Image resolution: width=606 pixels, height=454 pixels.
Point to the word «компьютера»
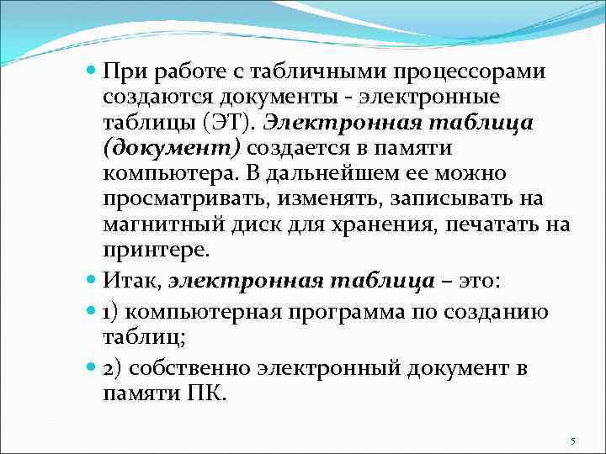167,175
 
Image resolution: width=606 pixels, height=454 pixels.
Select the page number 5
572,441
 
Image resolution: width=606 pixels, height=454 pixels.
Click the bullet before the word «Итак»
93,278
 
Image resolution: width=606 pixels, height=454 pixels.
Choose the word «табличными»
289,72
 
